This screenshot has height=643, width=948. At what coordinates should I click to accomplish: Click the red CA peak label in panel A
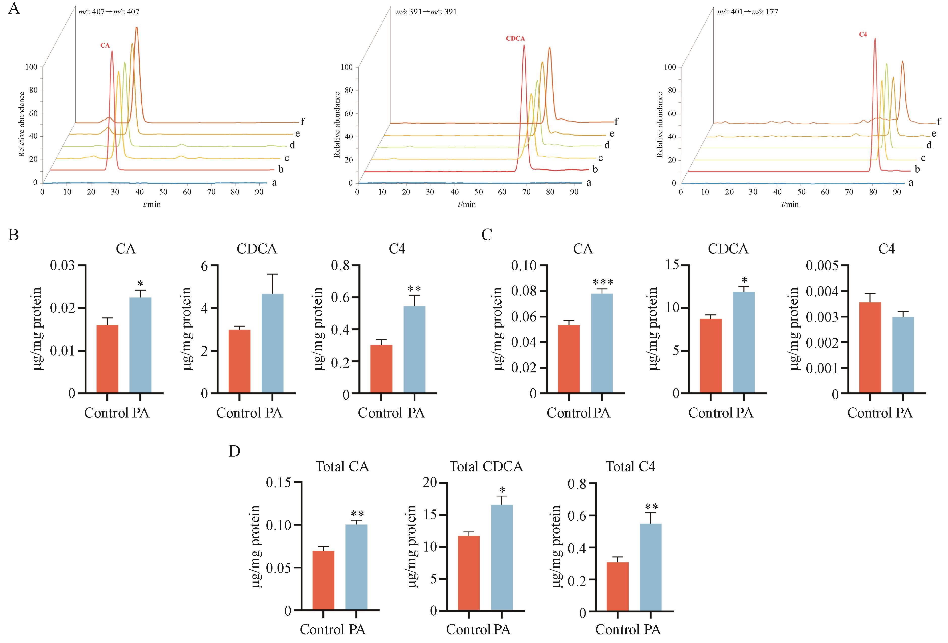(105, 46)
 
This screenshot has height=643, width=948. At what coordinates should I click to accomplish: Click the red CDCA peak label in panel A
(515, 39)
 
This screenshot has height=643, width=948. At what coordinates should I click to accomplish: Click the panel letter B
(13, 235)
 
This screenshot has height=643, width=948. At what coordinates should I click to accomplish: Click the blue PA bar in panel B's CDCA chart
(272, 343)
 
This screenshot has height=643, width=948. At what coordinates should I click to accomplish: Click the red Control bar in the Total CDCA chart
(469, 573)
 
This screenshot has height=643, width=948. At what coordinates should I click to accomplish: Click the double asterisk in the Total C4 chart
(651, 507)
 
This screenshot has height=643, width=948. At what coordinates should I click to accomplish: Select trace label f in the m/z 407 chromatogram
(302, 121)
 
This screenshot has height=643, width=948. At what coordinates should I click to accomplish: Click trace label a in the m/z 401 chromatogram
(911, 183)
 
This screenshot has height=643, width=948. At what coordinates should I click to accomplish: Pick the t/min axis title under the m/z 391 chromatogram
(467, 204)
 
